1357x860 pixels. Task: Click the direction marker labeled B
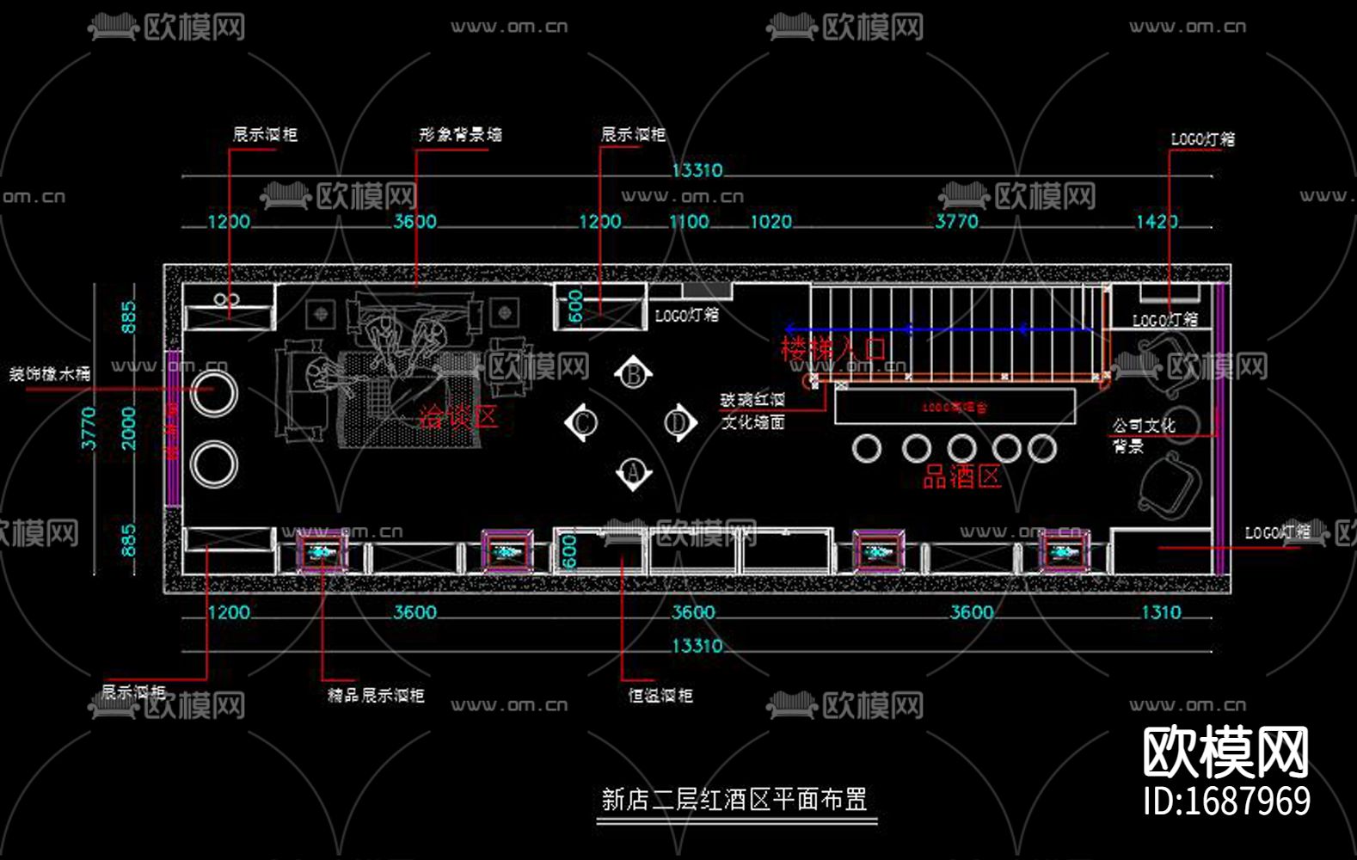coord(634,375)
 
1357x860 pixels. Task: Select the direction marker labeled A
coord(634,472)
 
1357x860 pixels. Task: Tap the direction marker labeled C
coord(582,423)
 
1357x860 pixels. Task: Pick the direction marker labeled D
coord(679,423)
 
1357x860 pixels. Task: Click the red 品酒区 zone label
coord(961,476)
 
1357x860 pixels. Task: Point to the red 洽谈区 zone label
coord(458,417)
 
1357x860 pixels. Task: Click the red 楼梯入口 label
coord(832,349)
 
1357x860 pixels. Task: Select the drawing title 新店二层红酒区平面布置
coord(734,800)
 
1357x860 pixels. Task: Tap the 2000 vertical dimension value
coord(129,428)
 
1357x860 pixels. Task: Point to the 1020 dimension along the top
coord(771,222)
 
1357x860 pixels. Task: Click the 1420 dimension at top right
coord(1157,222)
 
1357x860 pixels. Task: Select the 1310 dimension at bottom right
coord(1161,612)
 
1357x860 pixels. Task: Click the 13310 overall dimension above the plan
coord(697,170)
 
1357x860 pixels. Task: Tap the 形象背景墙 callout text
coord(460,135)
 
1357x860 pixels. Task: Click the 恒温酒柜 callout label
coord(660,696)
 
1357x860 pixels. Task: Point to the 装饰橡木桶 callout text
coord(50,374)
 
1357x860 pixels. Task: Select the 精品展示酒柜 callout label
coord(376,695)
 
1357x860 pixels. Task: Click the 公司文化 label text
coord(1144,426)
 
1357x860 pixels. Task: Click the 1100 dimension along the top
coord(690,222)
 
